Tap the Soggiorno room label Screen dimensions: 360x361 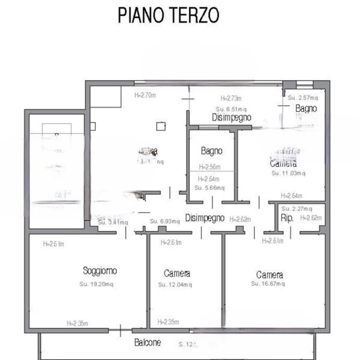point(100,270)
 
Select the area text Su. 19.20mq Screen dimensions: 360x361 point(99,283)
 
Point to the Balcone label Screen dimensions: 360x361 point(147,343)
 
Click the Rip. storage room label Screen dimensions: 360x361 point(288,218)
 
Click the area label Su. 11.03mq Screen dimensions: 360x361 point(288,174)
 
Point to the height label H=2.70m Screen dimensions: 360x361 point(144,95)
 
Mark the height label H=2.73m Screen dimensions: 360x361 point(230,99)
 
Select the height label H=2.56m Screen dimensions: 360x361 point(210,168)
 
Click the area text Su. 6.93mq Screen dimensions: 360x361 point(165,222)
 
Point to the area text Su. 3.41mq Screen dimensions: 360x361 point(113,222)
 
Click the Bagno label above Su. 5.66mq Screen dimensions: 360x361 point(212,151)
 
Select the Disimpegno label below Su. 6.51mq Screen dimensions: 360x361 point(232,118)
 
